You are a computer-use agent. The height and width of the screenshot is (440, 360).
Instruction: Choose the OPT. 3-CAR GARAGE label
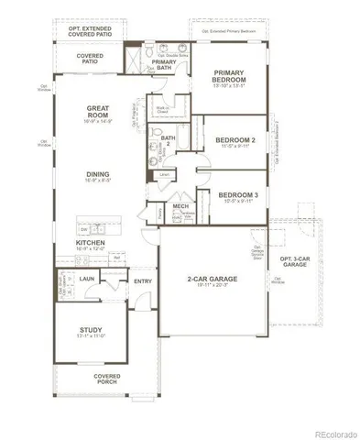[x=294, y=262]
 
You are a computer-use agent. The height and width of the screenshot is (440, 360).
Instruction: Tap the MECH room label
[x=180, y=206]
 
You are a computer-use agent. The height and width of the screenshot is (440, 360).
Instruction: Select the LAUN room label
[x=88, y=279]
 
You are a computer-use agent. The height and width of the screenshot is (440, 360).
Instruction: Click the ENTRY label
[x=143, y=281]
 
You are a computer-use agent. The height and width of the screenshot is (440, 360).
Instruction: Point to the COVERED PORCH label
[x=107, y=380]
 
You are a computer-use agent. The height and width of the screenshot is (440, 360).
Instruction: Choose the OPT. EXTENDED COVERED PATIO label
[x=95, y=32]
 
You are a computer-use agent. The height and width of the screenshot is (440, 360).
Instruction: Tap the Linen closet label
[x=164, y=173]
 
